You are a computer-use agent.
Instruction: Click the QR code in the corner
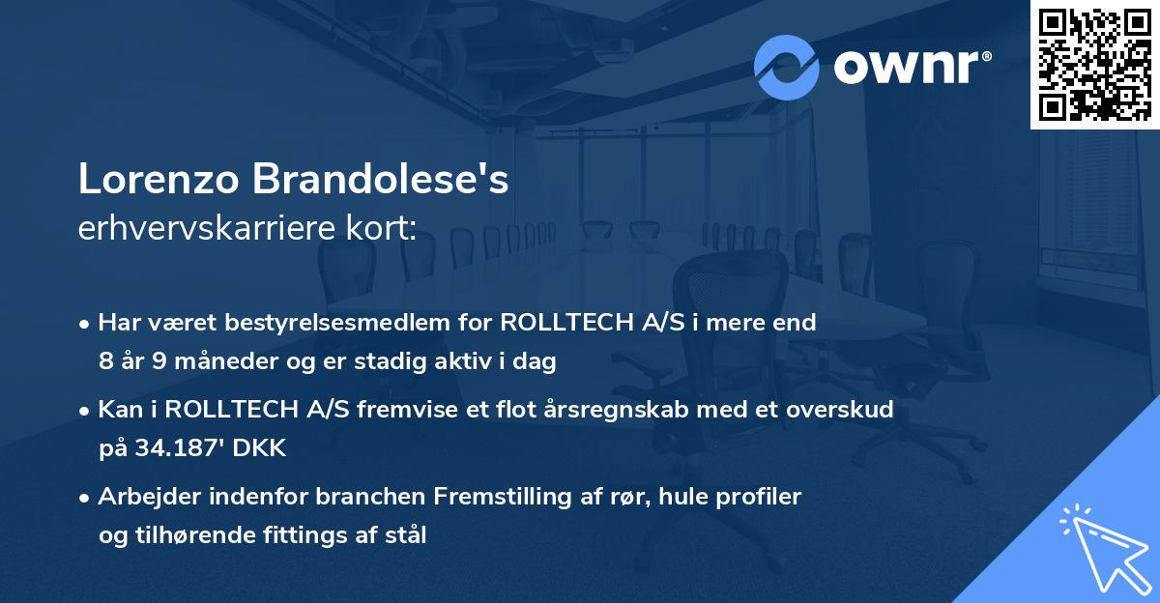(1094, 65)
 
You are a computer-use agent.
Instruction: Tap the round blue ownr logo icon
(786, 68)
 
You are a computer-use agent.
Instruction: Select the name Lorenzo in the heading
(159, 180)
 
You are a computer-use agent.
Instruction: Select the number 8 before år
(105, 362)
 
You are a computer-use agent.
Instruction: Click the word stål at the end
(405, 534)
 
